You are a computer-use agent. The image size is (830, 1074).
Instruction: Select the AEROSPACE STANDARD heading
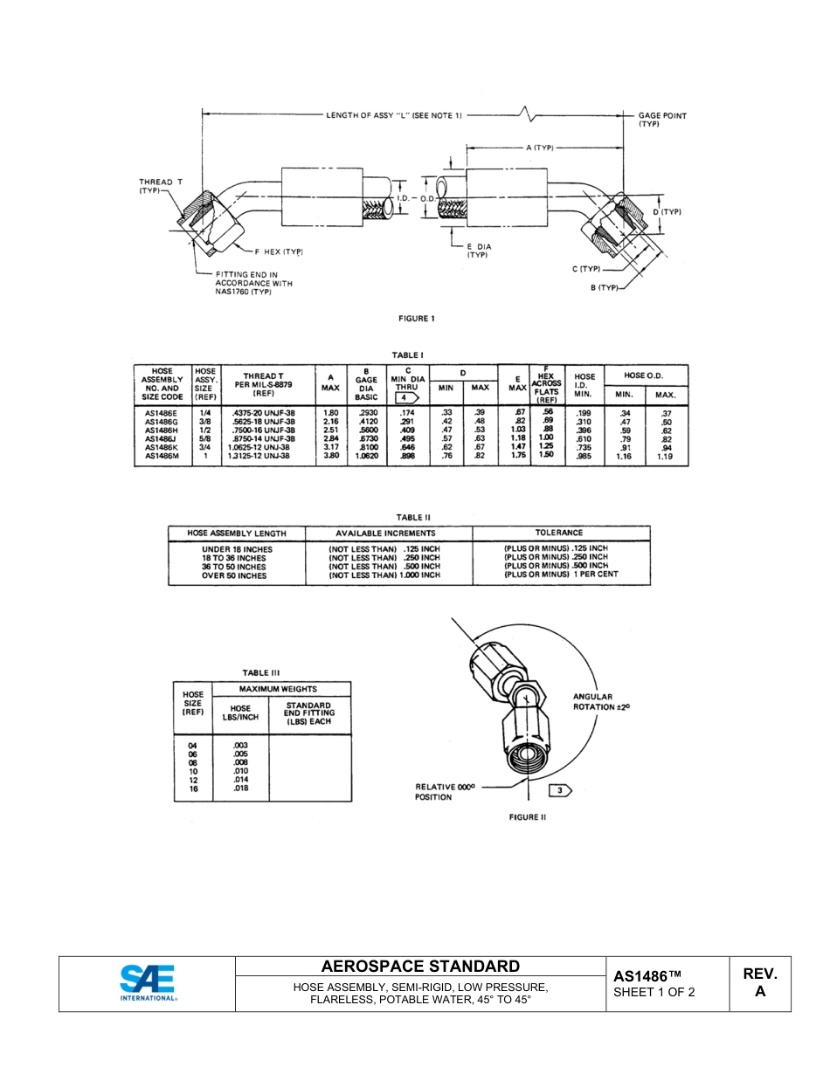point(420,967)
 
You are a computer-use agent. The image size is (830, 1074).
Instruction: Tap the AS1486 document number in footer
point(647,976)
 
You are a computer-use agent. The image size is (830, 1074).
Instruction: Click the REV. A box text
point(759,982)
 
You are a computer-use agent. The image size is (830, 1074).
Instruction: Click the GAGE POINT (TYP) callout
point(662,120)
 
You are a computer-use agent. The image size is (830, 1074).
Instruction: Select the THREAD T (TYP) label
point(161,187)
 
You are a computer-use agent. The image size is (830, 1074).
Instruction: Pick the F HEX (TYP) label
point(279,251)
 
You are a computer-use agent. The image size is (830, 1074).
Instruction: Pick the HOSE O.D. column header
point(667,375)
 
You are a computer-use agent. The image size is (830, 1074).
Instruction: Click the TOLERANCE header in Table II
point(559,533)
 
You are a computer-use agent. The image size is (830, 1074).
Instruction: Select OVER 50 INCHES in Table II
point(234,576)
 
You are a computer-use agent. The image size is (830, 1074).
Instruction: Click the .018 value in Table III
point(241,788)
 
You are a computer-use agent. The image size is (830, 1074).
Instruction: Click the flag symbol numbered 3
point(559,790)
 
